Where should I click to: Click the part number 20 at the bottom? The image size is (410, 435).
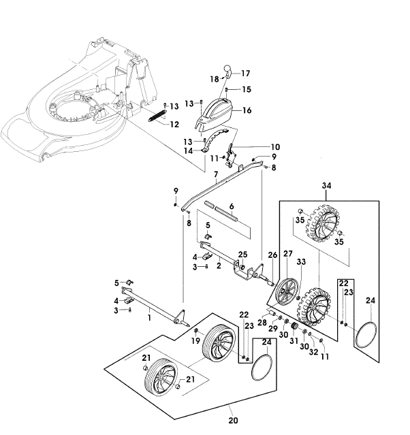(x=233, y=421)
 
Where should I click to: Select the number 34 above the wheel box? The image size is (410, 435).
(x=326, y=186)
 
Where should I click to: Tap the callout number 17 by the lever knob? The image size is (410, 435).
(x=245, y=74)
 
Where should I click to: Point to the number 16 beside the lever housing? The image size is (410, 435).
(x=247, y=110)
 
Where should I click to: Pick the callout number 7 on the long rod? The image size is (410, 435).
(x=216, y=174)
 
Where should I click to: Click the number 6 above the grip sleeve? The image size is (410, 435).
(x=232, y=206)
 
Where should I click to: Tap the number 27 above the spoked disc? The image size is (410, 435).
(x=288, y=253)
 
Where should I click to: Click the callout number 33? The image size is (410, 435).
(x=301, y=261)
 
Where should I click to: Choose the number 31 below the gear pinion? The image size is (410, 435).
(x=294, y=340)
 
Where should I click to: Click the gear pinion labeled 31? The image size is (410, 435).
(x=294, y=327)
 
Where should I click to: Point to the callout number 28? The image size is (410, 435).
(x=262, y=323)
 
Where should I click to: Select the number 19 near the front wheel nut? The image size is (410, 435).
(x=195, y=340)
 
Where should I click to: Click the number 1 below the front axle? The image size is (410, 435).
(x=149, y=318)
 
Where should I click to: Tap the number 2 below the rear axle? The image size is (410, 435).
(x=219, y=265)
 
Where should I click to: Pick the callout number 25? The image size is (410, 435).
(x=243, y=255)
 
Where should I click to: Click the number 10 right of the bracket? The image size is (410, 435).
(x=275, y=147)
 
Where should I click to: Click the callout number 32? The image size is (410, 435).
(x=313, y=352)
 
